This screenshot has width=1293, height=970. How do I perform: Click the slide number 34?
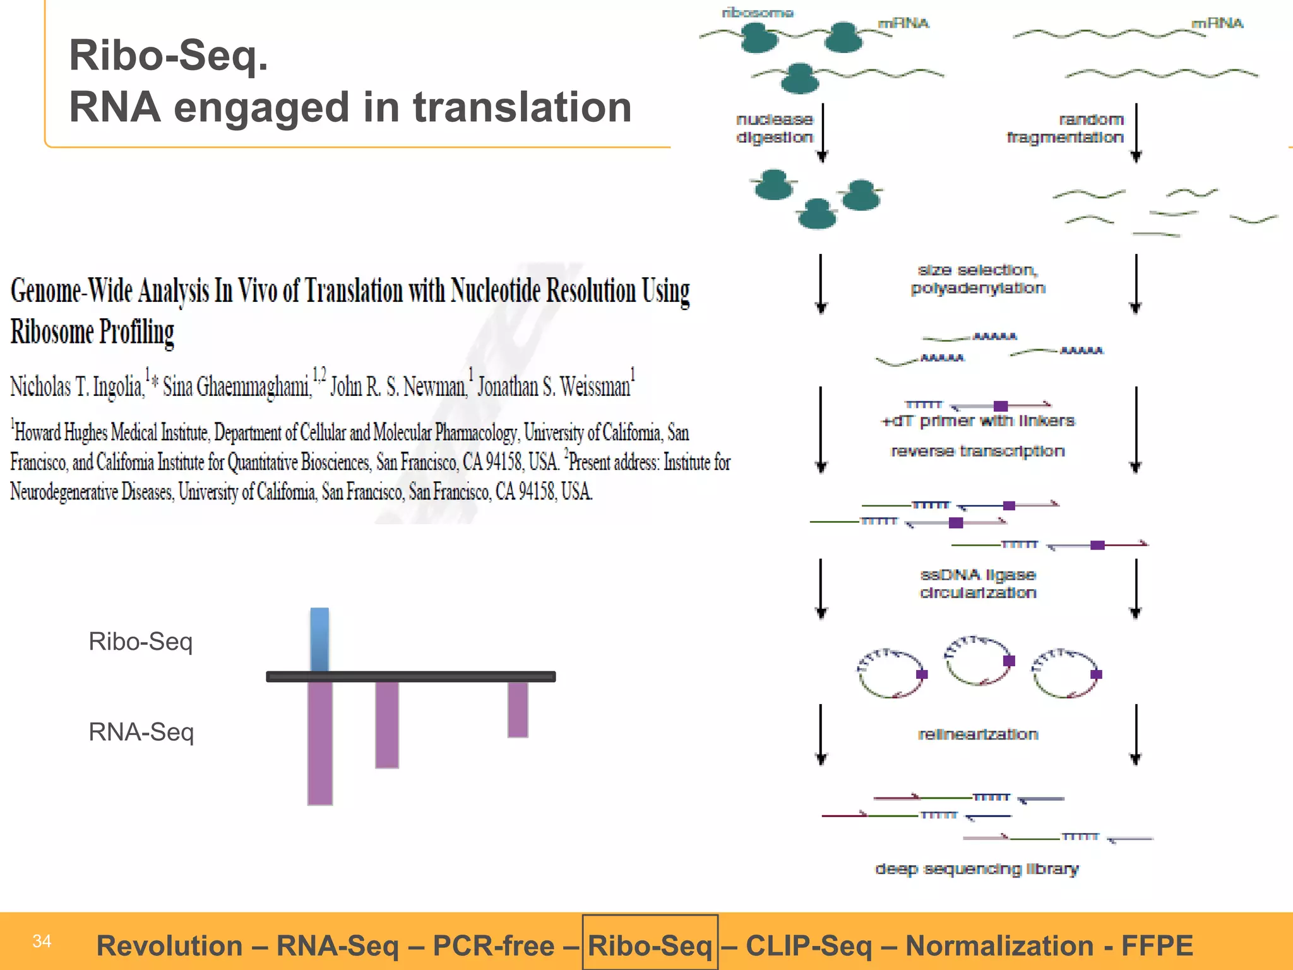42,941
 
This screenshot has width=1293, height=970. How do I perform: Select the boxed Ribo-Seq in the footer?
650,945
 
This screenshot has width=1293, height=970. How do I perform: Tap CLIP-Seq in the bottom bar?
809,945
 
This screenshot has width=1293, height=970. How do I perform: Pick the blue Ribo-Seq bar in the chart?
319,639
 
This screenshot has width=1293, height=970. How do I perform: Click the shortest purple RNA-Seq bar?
518,709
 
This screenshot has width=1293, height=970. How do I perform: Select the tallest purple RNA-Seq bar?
320,743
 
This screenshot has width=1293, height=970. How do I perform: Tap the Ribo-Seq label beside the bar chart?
140,642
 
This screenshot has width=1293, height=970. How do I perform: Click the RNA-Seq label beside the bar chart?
141,732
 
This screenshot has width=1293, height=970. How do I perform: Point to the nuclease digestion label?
775,128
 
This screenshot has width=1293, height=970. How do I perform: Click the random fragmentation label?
1065,128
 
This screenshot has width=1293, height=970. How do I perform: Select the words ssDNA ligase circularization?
978,584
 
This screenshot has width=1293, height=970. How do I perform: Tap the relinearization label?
978,734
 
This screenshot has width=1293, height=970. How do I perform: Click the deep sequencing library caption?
977,869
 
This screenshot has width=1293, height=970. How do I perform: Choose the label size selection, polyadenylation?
978,278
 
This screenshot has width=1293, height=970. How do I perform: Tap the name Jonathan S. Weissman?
554,386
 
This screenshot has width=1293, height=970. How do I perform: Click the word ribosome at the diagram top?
758,13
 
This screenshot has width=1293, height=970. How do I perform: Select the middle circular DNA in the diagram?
978,661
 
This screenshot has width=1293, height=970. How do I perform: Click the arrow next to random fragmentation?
1136,133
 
